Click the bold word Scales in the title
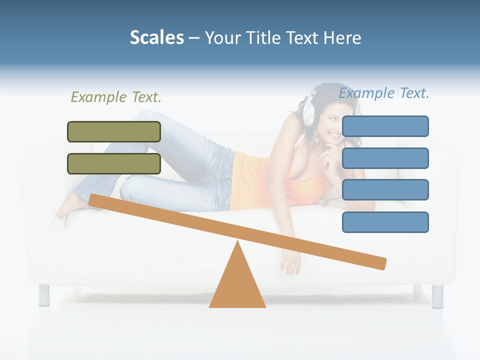point(157,37)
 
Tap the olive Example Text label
point(116,97)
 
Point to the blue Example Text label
point(384,93)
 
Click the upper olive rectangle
point(114,131)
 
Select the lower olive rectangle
point(114,163)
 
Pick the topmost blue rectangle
point(385,126)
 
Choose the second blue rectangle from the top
point(385,158)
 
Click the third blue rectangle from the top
point(385,190)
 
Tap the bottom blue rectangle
point(385,222)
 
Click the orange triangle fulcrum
point(237,285)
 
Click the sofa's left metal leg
point(44,294)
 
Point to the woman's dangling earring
point(316,138)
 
